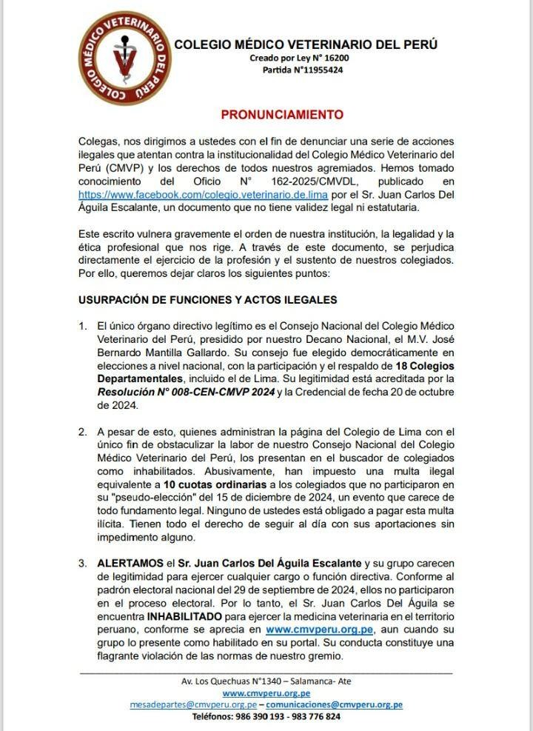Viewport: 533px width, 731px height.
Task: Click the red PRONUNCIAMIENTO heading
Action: [282, 115]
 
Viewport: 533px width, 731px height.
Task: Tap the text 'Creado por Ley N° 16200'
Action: [299, 58]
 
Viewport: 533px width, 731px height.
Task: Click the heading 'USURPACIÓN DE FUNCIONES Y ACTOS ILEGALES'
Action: [208, 300]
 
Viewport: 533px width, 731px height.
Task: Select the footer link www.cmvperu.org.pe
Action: [266, 692]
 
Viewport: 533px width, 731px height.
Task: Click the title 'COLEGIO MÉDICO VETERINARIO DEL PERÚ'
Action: [306, 44]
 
